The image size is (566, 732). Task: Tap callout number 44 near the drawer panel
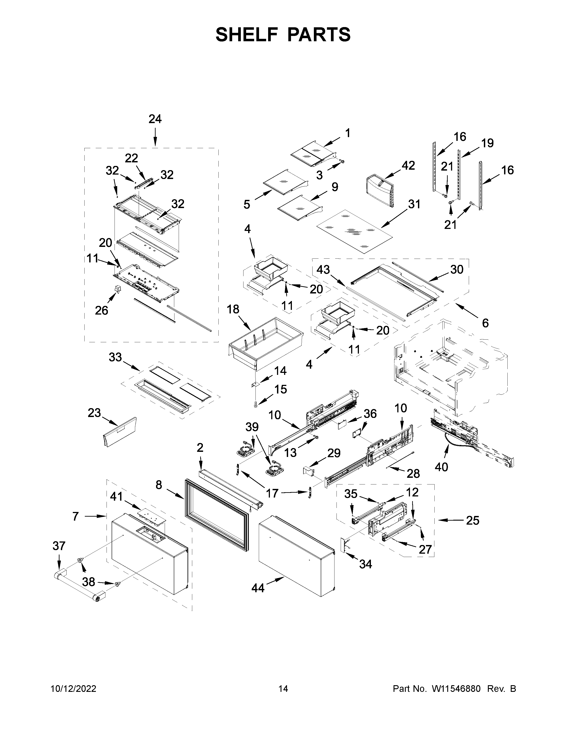258,588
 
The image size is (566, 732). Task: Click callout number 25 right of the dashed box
473,521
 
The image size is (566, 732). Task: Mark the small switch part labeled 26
117,289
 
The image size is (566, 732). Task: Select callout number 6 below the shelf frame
485,323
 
